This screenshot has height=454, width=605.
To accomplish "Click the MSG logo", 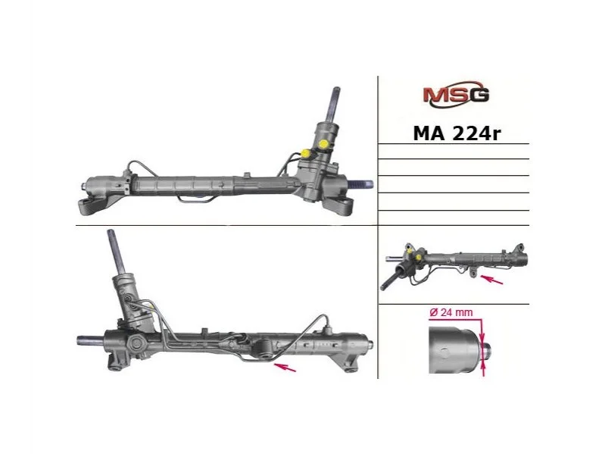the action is point(456,94).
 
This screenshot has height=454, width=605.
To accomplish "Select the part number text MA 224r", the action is point(457,133).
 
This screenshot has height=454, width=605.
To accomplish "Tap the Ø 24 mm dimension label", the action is point(451,312).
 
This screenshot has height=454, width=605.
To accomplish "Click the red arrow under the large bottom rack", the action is point(285,367).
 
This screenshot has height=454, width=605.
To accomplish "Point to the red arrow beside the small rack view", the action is point(491,280).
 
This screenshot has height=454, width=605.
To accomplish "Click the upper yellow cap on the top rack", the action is point(323,144).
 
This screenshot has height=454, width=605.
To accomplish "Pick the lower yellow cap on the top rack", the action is point(307,153).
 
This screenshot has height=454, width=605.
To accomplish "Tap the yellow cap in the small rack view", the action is point(418,257).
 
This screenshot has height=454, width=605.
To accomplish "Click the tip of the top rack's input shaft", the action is point(336,89).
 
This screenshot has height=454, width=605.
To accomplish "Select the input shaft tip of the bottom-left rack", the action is point(110,233).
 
